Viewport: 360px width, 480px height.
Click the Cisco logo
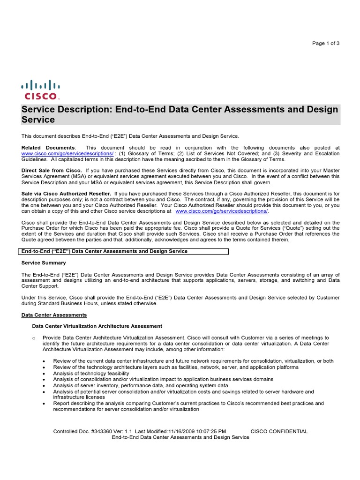[x=40, y=90]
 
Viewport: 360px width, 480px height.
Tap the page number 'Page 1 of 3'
[x=326, y=44]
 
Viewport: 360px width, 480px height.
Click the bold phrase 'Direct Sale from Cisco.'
[x=52, y=170]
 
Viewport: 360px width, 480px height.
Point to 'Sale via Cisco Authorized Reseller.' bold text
[x=66, y=193]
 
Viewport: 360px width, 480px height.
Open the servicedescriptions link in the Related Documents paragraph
[x=67, y=153]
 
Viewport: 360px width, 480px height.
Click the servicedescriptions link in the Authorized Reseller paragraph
[x=221, y=211]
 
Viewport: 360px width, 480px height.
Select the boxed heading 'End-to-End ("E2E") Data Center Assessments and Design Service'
[x=105, y=251]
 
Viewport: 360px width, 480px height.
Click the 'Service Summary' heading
[x=44, y=263]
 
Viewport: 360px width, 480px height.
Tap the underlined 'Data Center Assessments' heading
[x=54, y=315]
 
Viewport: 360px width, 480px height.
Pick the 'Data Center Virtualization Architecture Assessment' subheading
[x=97, y=326]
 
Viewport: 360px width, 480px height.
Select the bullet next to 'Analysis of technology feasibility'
[x=44, y=374]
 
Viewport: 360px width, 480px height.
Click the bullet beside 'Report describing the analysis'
[x=44, y=404]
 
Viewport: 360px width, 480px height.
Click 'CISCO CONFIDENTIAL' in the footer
[x=279, y=431]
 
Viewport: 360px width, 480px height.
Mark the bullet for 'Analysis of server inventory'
[x=44, y=386]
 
